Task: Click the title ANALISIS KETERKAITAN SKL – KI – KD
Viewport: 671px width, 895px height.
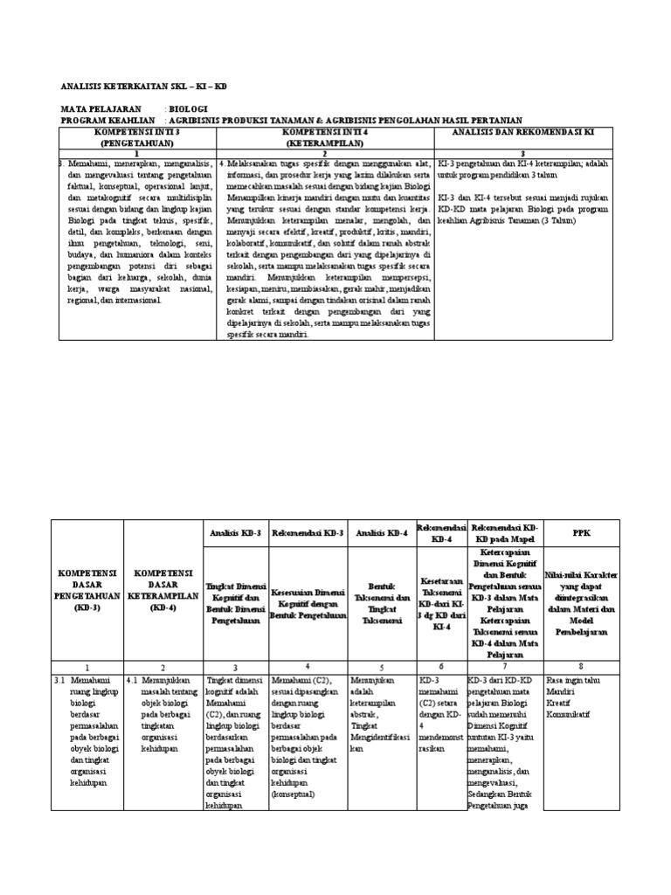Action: (142, 87)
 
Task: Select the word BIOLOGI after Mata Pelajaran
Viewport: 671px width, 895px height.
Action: (190, 109)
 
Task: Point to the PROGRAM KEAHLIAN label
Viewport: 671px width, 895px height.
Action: (107, 120)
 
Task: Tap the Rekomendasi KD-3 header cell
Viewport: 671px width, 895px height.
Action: (308, 532)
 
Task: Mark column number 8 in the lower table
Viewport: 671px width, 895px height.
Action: (580, 666)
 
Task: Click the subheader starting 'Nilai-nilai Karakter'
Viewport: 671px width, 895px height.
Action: (581, 594)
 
